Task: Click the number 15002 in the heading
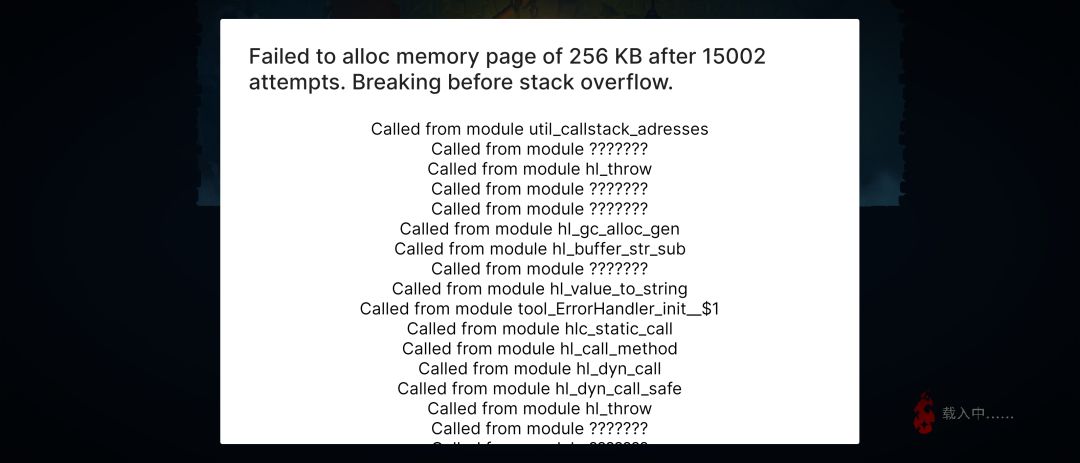click(734, 56)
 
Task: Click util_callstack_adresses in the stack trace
click(619, 129)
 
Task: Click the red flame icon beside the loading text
click(924, 413)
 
